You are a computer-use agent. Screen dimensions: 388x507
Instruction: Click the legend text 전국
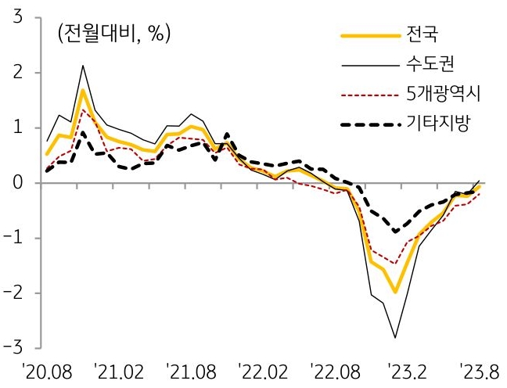423,35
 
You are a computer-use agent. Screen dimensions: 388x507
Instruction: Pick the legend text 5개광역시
444,95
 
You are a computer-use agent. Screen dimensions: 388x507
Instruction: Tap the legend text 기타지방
437,124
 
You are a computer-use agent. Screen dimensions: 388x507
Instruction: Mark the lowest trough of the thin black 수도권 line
396,338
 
